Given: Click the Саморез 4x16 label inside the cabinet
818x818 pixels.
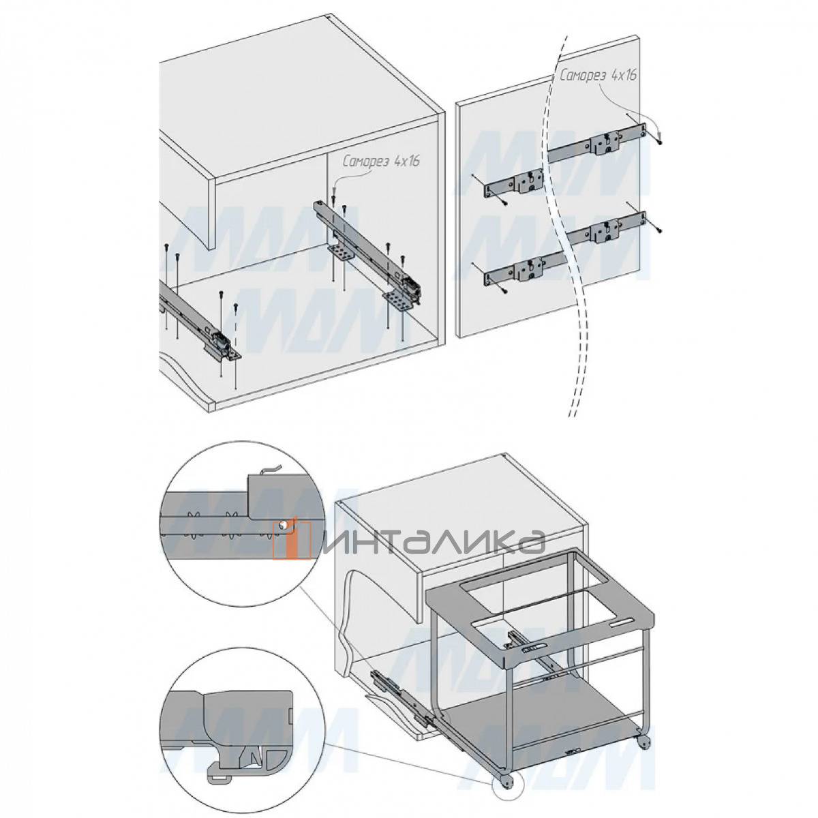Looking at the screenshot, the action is pyautogui.click(x=381, y=162).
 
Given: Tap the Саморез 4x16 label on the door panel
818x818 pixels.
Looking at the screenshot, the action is pyautogui.click(x=598, y=76).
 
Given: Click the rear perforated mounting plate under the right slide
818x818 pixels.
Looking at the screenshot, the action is pyautogui.click(x=342, y=254).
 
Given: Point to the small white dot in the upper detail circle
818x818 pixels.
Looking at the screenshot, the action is pyautogui.click(x=281, y=526).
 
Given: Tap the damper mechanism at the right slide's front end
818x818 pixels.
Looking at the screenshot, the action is pyautogui.click(x=409, y=282).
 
